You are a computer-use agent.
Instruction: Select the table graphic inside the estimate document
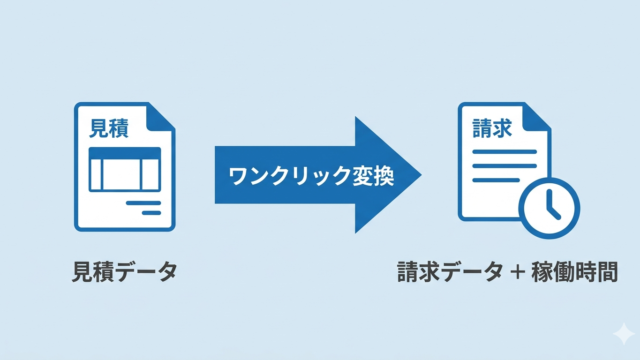pyautogui.click(x=124, y=169)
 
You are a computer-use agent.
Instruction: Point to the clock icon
pyautogui.click(x=549, y=206)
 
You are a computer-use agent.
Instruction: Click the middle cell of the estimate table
pyautogui.click(x=124, y=175)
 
